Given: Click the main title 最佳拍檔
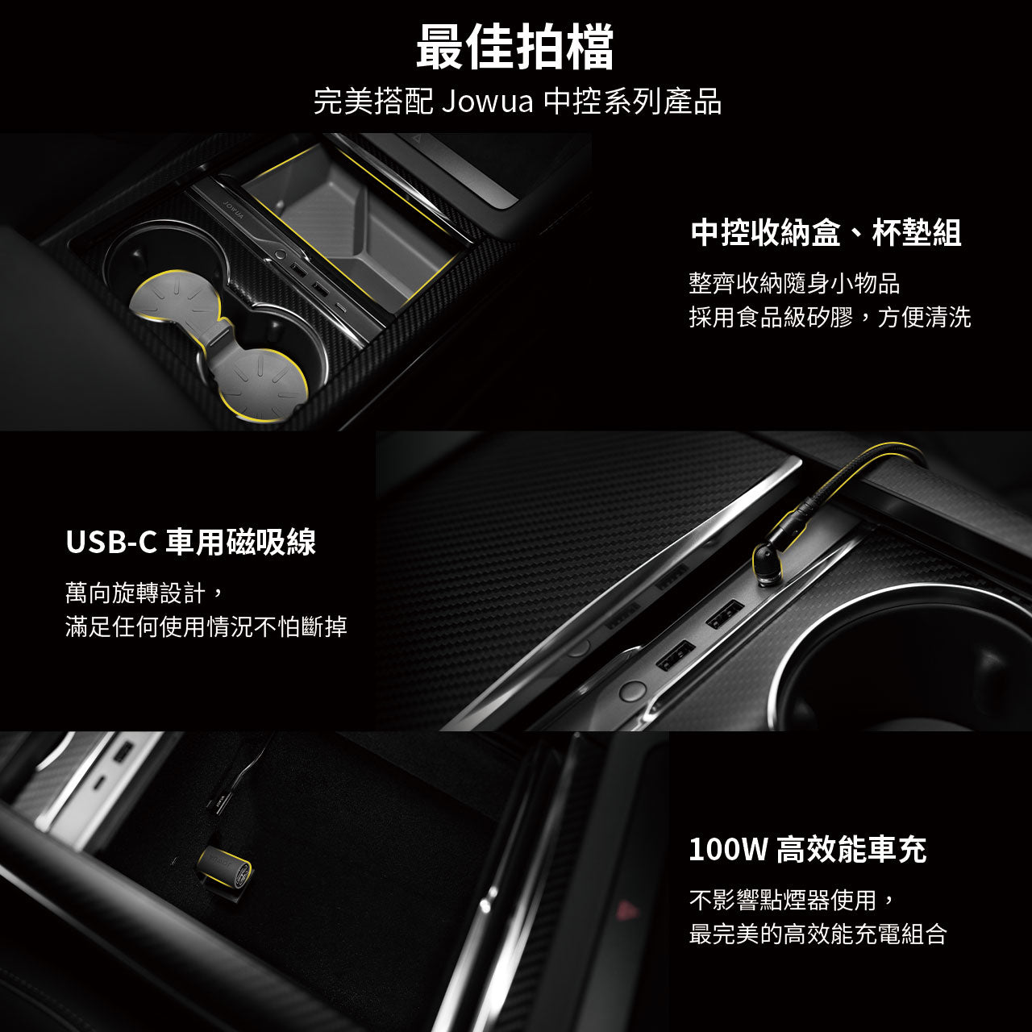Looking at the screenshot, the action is click(x=515, y=47).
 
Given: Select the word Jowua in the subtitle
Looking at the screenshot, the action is click(x=488, y=102).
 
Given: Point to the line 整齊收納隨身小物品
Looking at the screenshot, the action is click(x=794, y=283).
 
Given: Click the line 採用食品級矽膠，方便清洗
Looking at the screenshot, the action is click(x=830, y=317).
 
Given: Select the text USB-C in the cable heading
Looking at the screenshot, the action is click(x=111, y=542).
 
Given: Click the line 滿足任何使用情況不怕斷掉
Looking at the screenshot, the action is click(x=206, y=626).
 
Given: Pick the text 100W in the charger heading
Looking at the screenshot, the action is click(x=728, y=849).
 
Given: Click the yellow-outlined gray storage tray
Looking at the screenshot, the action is click(x=353, y=227).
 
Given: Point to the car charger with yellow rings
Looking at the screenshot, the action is click(x=226, y=865).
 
